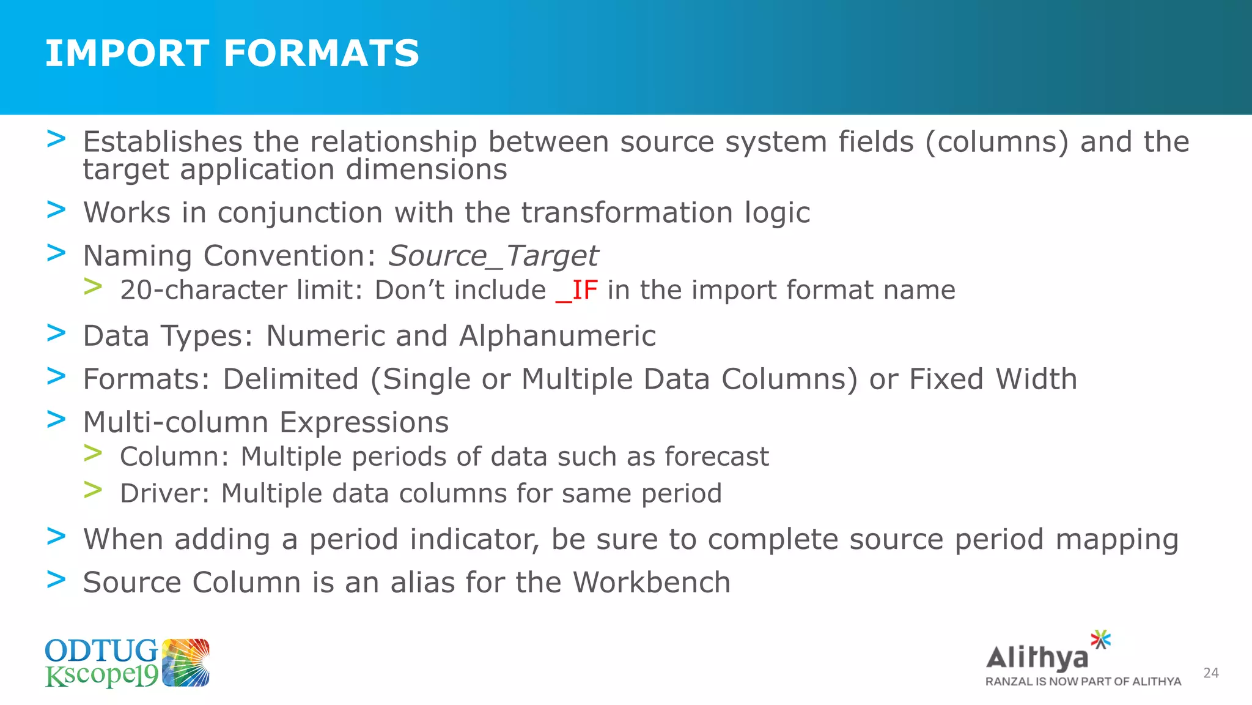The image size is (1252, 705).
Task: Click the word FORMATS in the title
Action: click(322, 53)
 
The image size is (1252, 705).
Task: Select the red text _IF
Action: click(576, 290)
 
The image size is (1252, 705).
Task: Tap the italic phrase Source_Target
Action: click(493, 256)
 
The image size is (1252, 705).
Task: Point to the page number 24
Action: click(1210, 673)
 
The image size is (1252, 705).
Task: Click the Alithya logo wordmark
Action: click(1037, 658)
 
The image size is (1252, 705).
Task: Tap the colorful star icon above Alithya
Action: click(1101, 640)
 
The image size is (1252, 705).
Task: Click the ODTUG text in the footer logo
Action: click(101, 651)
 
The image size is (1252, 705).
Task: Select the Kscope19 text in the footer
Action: click(101, 676)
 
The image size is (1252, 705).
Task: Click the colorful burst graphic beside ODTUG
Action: click(186, 663)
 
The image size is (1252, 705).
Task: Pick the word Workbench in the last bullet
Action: click(651, 582)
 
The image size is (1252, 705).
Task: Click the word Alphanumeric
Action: click(557, 336)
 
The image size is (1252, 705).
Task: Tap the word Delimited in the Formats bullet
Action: click(290, 379)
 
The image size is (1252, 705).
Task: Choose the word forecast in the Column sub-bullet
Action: click(716, 457)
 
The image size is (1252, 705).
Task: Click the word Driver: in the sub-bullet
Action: click(164, 493)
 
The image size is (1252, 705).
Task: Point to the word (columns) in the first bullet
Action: click(997, 142)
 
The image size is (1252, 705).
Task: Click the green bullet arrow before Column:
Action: click(93, 453)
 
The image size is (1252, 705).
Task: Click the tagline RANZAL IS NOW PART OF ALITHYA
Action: click(1083, 682)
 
